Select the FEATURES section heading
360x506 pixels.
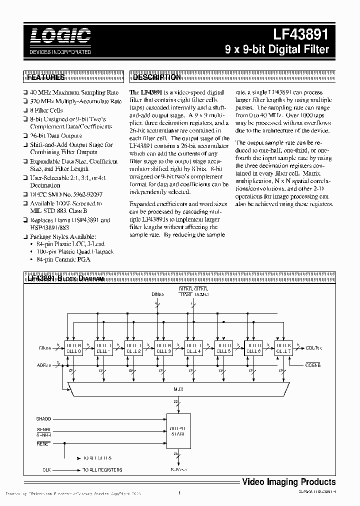[x=45, y=78]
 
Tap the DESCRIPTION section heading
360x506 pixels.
[x=156, y=78]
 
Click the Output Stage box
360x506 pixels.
[x=178, y=431]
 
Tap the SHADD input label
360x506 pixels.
[x=43, y=418]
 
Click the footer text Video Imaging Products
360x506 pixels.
[x=288, y=482]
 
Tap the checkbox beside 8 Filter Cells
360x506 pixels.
[x=25, y=110]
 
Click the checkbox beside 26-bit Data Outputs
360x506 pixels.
[x=25, y=136]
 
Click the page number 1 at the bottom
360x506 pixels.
[x=178, y=493]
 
